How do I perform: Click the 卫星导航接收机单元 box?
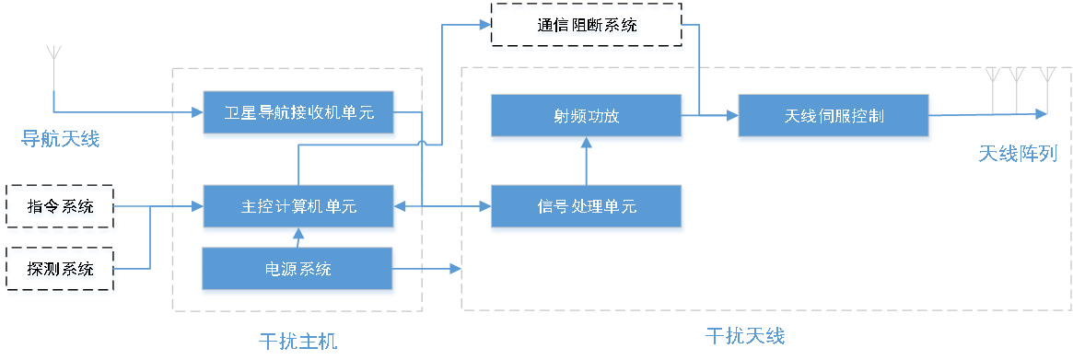[x=299, y=114]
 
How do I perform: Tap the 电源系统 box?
[x=299, y=270]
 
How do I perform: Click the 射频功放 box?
[x=587, y=117]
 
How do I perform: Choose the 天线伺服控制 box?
[x=834, y=117]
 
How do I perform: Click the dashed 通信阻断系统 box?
[x=587, y=27]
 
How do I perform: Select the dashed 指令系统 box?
[x=61, y=208]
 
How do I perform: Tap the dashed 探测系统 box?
[x=61, y=271]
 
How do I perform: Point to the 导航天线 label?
[x=60, y=140]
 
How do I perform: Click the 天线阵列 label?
[x=1017, y=154]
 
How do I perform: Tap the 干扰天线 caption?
[x=745, y=336]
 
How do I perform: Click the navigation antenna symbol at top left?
[x=53, y=53]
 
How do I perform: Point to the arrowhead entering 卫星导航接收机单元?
[x=195, y=113]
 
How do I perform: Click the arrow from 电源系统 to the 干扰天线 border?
[x=453, y=270]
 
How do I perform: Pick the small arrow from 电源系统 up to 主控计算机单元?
[x=297, y=238]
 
